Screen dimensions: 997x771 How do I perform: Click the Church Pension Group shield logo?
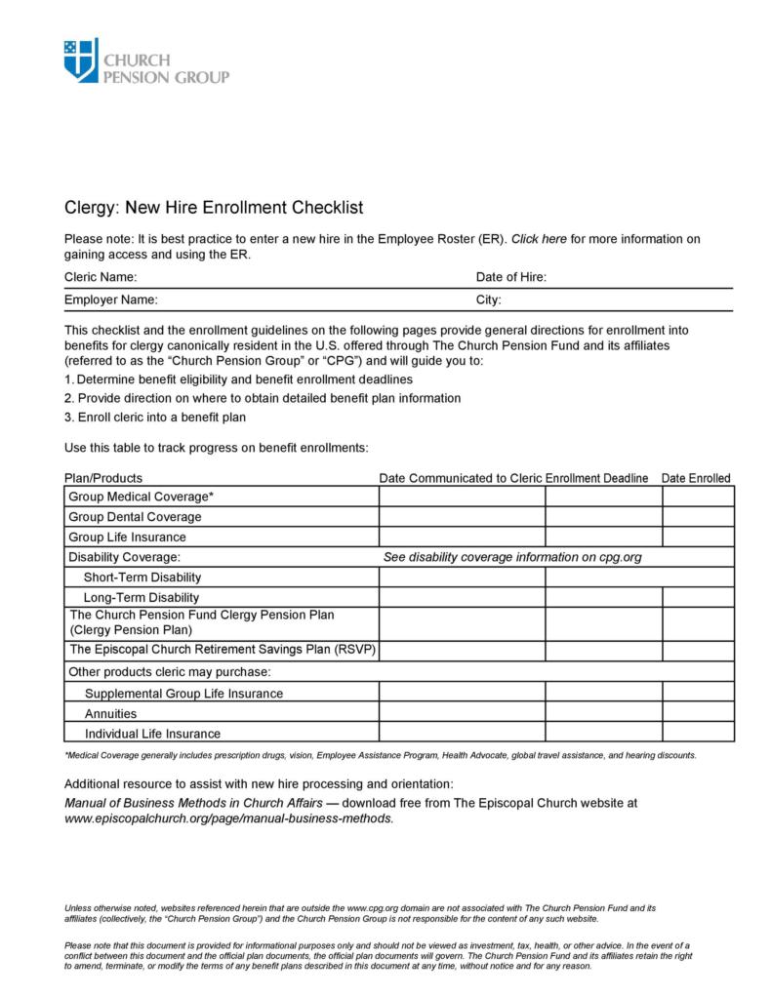81,60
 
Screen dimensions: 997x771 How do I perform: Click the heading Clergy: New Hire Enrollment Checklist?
213,207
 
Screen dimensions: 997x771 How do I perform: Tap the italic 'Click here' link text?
539,238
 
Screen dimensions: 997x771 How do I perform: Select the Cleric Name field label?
101,277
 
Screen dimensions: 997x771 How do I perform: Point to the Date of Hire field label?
510,277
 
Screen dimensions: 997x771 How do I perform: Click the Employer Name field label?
110,299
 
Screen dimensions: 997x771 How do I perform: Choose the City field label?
488,299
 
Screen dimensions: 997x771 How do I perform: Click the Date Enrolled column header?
696,478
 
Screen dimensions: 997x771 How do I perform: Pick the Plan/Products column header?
103,478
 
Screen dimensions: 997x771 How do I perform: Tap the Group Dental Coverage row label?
135,517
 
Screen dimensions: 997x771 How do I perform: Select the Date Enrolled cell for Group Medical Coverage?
698,497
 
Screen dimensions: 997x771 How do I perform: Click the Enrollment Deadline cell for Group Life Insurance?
603,537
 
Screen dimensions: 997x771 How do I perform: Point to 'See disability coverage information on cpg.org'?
512,557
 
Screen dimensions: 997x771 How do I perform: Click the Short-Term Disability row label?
142,577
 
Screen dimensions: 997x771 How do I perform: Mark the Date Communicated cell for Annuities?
462,713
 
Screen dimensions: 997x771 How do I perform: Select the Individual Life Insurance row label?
152,734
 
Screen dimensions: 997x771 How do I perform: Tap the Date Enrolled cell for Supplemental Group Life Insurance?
698,693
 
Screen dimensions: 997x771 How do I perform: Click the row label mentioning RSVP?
222,649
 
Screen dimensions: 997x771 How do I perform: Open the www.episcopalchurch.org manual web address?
229,818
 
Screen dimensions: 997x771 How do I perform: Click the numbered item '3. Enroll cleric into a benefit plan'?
155,418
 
